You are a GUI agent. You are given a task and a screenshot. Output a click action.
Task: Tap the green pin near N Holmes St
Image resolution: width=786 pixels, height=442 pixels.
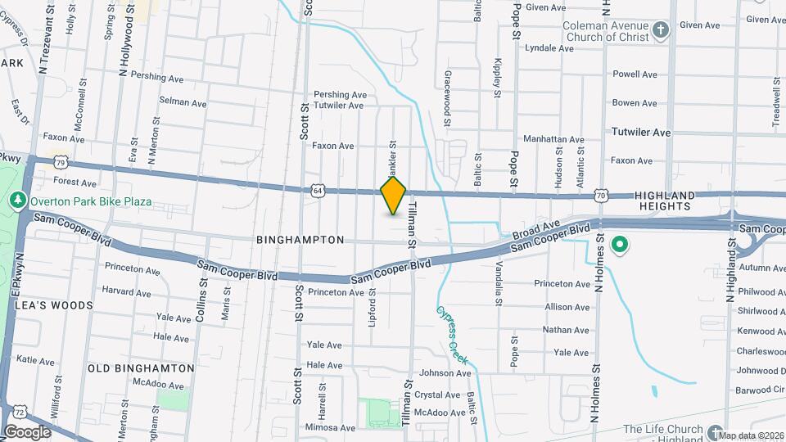[x=620, y=244]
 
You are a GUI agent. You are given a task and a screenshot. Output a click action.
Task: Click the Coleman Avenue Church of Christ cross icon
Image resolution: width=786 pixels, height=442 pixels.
[x=662, y=31]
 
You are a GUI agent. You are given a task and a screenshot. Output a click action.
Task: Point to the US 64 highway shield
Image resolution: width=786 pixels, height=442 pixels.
[x=318, y=190]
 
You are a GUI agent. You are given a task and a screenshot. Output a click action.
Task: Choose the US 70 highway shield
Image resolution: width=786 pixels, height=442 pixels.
[x=602, y=196]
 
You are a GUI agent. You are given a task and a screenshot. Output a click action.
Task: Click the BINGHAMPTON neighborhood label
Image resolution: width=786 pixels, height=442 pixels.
[x=300, y=240]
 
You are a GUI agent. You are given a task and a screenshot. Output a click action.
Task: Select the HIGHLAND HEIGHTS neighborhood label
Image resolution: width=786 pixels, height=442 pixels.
[x=664, y=201]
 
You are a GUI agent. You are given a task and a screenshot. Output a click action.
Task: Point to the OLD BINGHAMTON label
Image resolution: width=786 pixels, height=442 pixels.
[x=141, y=368]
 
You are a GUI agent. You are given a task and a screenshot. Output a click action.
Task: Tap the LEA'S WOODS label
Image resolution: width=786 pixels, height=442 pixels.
[x=53, y=304]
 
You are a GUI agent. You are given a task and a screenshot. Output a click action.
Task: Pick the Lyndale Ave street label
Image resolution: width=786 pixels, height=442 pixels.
[x=549, y=48]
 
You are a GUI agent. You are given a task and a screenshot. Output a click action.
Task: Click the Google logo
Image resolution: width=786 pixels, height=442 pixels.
[x=27, y=431]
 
